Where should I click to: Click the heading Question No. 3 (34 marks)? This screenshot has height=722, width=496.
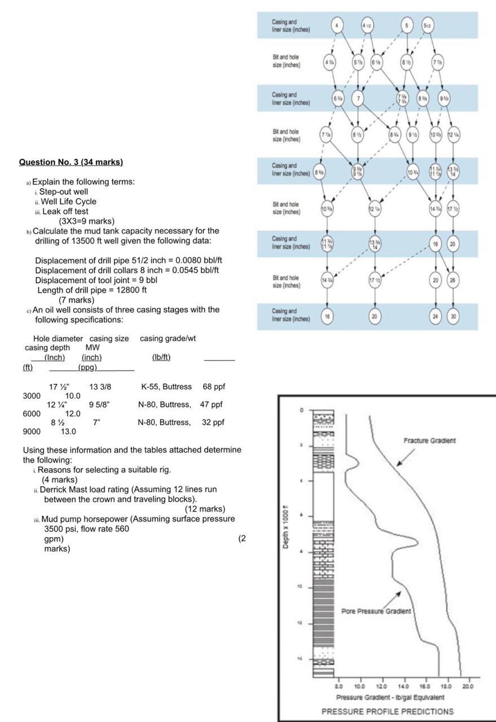coord(71,162)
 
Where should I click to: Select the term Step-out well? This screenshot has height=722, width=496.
coord(63,192)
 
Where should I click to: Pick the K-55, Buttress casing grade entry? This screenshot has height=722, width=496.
coord(166,387)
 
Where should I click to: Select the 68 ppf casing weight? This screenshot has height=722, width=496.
coord(214,387)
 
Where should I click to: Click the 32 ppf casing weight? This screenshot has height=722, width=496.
coord(212,422)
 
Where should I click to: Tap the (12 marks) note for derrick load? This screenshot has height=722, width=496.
coord(205,509)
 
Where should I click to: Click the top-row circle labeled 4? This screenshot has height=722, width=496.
coord(337,25)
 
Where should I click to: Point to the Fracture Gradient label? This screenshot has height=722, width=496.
coord(430,441)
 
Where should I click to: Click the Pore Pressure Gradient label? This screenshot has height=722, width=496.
coord(376,611)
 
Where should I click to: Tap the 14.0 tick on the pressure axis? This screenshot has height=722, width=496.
coord(403,686)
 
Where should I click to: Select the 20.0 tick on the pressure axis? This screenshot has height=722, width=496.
coord(468,686)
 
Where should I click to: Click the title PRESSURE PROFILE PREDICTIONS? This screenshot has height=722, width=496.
coord(387,711)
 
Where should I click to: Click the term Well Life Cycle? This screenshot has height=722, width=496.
coord(68,202)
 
